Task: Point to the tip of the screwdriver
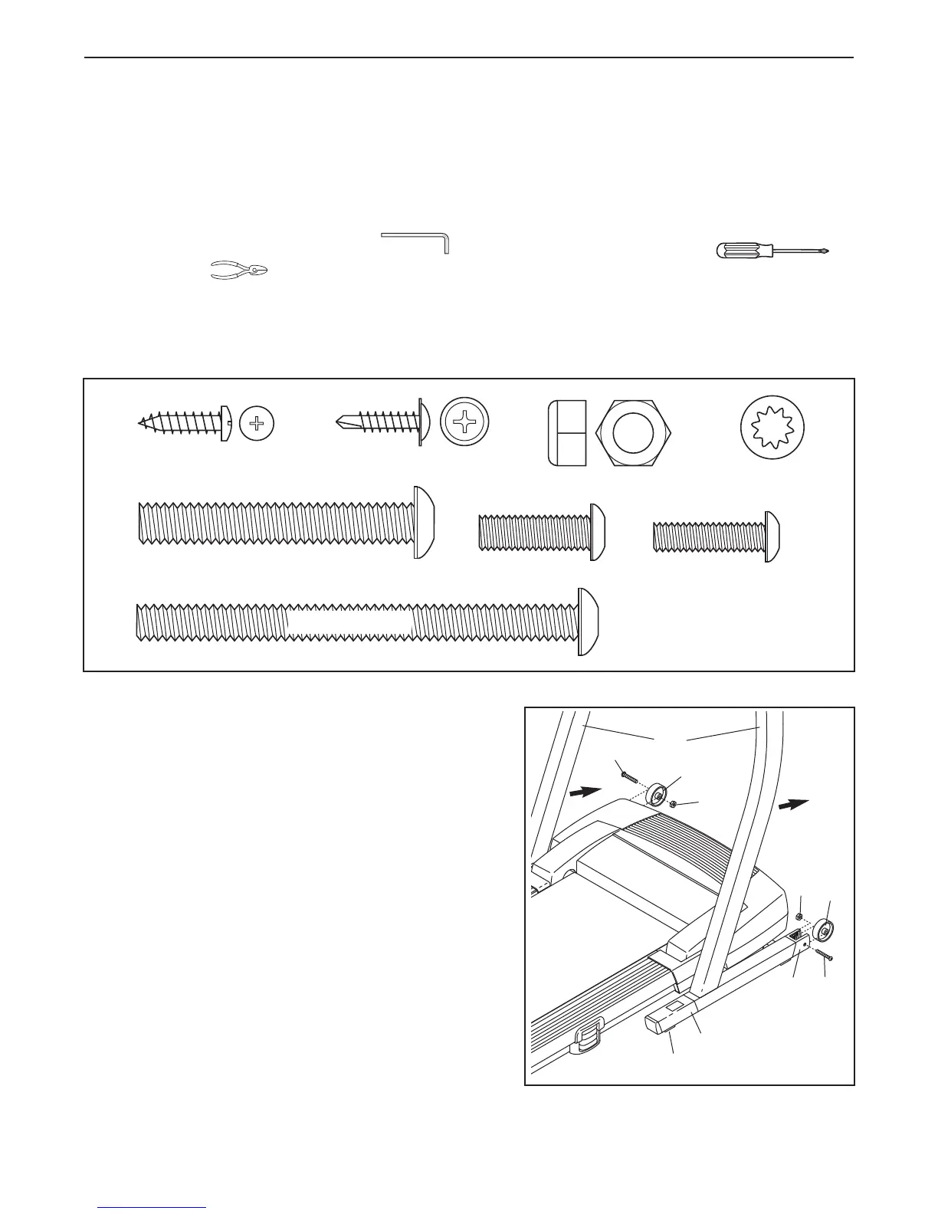click(x=826, y=251)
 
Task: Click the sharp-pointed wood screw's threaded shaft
click(x=179, y=422)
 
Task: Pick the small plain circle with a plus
click(x=257, y=423)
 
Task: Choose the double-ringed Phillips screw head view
click(x=464, y=423)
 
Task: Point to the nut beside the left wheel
click(x=672, y=805)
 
